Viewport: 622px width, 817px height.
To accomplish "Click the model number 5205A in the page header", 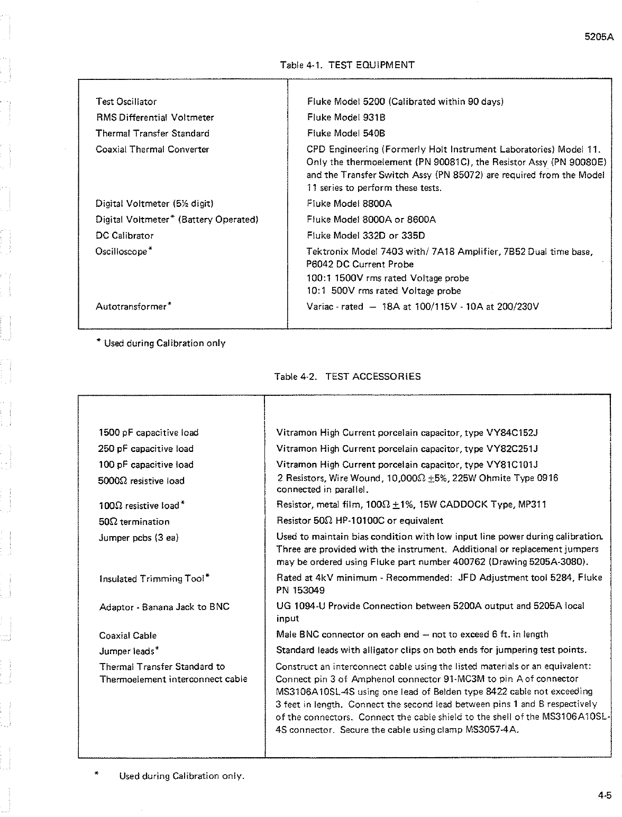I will [598, 38].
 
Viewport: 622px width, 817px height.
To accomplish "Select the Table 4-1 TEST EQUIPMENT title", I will [347, 65].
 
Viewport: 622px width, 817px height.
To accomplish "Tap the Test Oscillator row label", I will [126, 102].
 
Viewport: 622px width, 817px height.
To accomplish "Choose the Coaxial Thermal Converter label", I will [152, 149].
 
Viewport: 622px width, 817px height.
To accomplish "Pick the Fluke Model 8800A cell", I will [349, 204].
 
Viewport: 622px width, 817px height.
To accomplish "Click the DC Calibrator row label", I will [124, 235].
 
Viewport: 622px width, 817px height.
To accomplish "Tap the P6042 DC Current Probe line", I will [360, 265].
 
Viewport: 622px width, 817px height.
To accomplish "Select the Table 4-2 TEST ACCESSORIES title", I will [347, 377].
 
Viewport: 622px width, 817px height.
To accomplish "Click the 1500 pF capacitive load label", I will [149, 433].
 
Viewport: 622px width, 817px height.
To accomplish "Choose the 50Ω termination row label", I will [134, 522].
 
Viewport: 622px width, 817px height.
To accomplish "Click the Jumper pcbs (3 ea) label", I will [139, 538].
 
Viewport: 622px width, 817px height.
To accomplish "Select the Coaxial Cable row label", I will [128, 636].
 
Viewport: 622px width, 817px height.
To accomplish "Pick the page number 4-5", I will [605, 795].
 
